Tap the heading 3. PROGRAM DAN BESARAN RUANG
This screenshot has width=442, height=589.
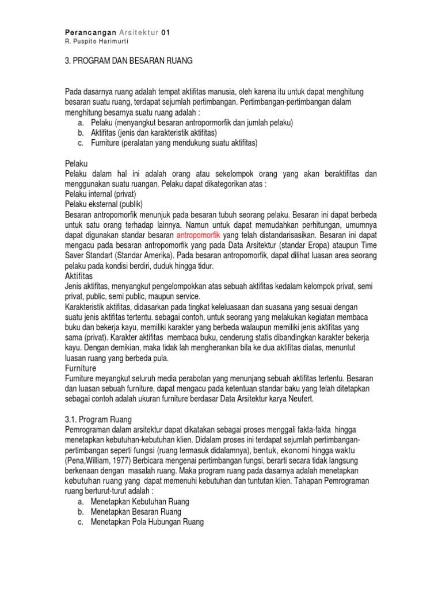coord(129,60)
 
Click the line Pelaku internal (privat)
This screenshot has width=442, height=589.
coord(100,194)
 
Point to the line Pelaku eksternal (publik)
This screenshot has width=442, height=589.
coord(104,204)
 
